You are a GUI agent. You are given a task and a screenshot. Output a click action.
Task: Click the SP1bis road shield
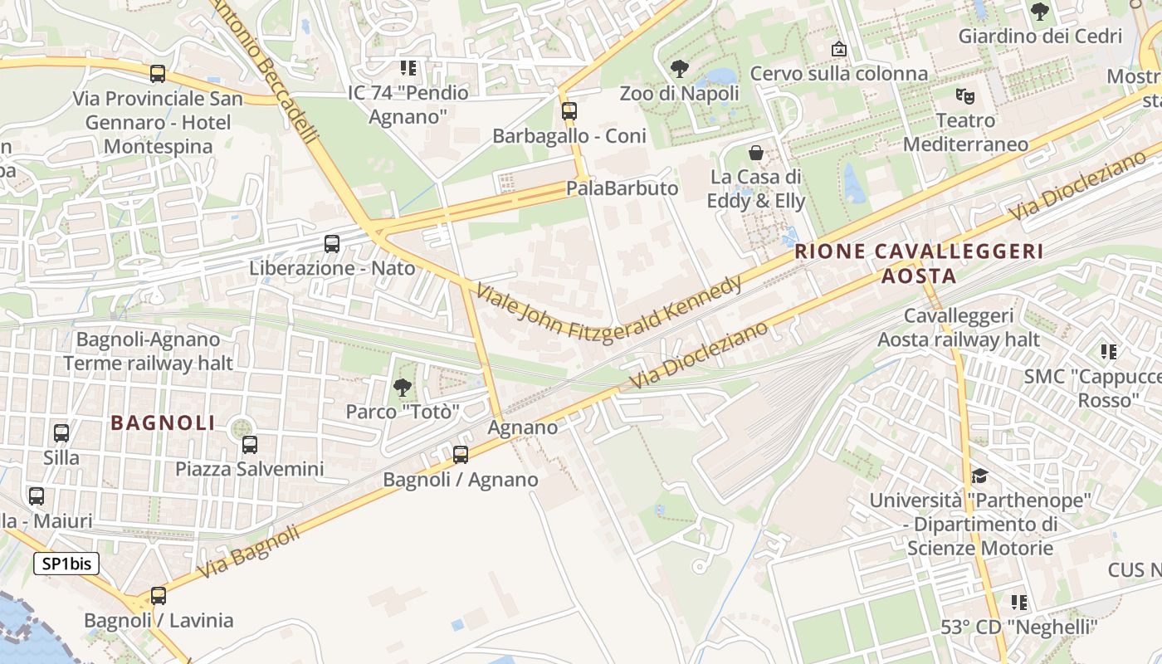[x=66, y=564]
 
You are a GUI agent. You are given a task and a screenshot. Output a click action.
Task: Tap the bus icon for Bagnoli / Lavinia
[x=158, y=596]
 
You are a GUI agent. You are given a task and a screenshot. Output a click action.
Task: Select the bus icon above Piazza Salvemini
[x=250, y=445]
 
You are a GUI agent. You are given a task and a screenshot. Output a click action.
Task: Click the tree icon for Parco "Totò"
[x=403, y=387]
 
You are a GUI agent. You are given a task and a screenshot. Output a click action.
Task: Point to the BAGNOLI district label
[x=163, y=422]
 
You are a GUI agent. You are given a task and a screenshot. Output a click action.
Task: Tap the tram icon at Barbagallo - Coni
[x=569, y=110]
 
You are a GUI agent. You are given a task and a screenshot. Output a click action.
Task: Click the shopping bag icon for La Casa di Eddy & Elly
[x=756, y=153]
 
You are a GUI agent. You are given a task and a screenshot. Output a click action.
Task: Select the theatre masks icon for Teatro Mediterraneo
[x=964, y=95]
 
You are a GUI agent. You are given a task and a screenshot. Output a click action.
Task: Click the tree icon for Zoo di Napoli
[x=679, y=69]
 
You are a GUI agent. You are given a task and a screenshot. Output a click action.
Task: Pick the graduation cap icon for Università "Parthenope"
[x=979, y=476]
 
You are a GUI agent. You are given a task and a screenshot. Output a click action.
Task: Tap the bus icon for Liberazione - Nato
[x=332, y=244]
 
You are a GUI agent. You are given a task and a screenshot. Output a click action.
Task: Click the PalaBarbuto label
[x=622, y=188]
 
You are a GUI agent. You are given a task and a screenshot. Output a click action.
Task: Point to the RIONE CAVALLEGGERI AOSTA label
[x=918, y=263]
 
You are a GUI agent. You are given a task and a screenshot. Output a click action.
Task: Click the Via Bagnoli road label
[x=248, y=553]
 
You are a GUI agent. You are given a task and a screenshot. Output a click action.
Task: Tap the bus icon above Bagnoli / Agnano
[x=461, y=455]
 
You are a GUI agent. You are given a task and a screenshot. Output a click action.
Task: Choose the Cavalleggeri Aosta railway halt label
[x=959, y=328]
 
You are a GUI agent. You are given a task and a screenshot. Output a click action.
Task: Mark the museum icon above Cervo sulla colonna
[x=839, y=49]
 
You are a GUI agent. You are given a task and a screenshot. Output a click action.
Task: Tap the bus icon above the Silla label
[x=61, y=432]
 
